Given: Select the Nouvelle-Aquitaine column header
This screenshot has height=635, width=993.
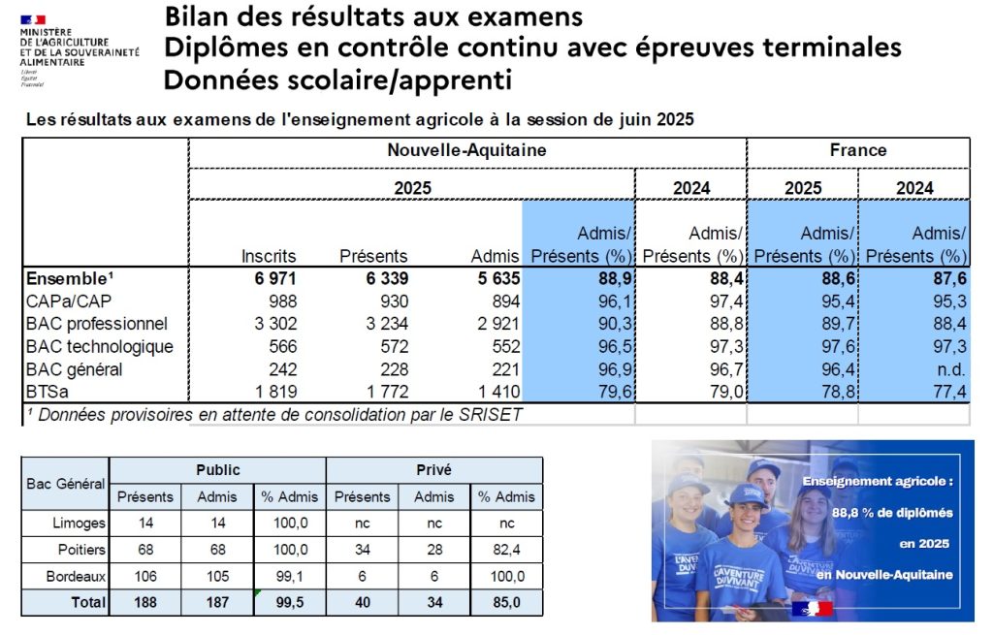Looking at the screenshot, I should [x=466, y=151].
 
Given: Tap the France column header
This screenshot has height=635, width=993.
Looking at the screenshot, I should [x=858, y=151].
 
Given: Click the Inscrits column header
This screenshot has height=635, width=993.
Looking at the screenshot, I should [x=269, y=257].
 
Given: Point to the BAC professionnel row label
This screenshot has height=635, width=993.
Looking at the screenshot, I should [x=97, y=324].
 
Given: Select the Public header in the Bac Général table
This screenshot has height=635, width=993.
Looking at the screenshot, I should [x=217, y=470].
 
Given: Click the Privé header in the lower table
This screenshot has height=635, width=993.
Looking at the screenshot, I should [x=433, y=470].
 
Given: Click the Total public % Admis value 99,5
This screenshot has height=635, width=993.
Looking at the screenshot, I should [x=290, y=602].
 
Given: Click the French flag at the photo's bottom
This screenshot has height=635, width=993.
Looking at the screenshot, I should [x=812, y=609].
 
